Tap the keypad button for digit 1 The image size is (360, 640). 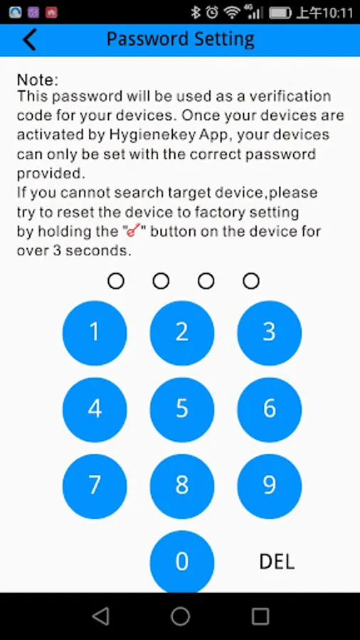pyautogui.click(x=95, y=333)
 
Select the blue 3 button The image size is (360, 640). pyautogui.click(x=270, y=333)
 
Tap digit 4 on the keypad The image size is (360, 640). pyautogui.click(x=95, y=410)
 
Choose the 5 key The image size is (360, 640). pyautogui.click(x=182, y=410)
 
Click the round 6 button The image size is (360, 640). pyautogui.click(x=270, y=410)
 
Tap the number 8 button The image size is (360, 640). pyautogui.click(x=182, y=486)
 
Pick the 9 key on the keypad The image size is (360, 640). pyautogui.click(x=270, y=486)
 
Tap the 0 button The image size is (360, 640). pyautogui.click(x=182, y=562)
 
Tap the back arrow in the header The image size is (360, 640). pyautogui.click(x=29, y=40)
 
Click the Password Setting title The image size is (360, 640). pyautogui.click(x=181, y=40)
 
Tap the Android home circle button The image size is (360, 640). pyautogui.click(x=181, y=616)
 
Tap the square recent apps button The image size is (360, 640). pyautogui.click(x=260, y=617)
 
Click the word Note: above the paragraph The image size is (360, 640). pyautogui.click(x=38, y=80)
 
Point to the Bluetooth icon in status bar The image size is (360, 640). pyautogui.click(x=196, y=13)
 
